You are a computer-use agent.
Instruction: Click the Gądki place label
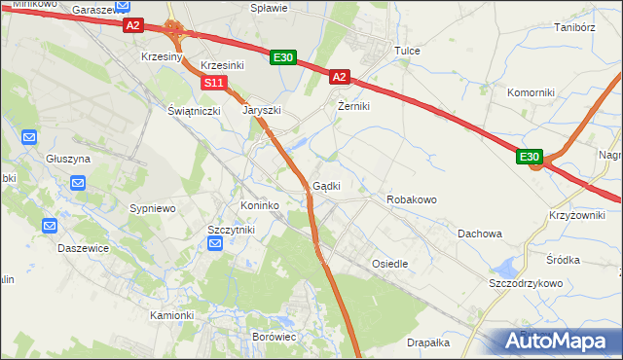tap(326, 186)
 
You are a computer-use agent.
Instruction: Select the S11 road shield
tap(215, 84)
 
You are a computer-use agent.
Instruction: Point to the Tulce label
tap(406, 50)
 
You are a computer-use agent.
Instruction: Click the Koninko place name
tap(260, 206)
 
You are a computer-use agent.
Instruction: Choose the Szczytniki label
tap(231, 229)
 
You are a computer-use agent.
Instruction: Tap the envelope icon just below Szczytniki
tap(215, 244)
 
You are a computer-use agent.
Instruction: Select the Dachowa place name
tap(480, 234)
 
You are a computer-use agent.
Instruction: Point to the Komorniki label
tap(531, 92)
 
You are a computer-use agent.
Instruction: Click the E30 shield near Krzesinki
tap(282, 58)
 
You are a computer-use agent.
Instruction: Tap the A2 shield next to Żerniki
tap(339, 76)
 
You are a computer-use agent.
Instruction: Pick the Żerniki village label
tap(353, 106)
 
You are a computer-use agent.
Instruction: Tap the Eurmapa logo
tap(556, 342)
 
